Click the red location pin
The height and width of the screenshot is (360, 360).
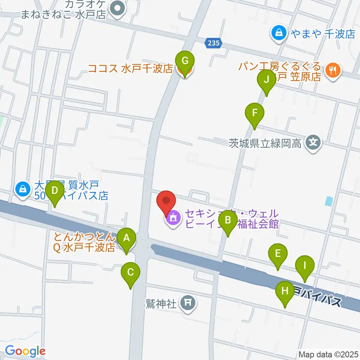point(166,202)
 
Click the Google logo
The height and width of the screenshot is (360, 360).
point(25,351)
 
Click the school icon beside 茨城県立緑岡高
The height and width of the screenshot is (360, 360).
point(313,142)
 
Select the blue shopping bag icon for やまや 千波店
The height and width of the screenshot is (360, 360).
point(279,33)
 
